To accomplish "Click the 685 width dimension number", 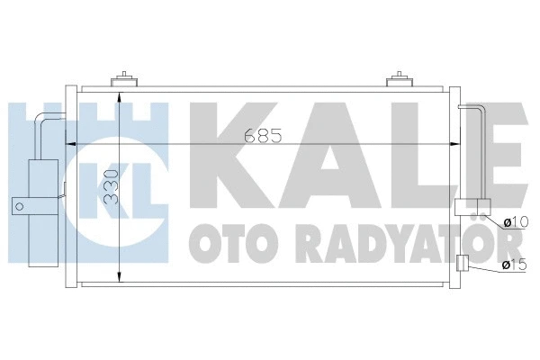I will pyautogui.click(x=262, y=139).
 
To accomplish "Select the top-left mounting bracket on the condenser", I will pyautogui.click(x=124, y=81).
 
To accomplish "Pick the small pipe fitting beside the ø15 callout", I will pyautogui.click(x=462, y=264).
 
